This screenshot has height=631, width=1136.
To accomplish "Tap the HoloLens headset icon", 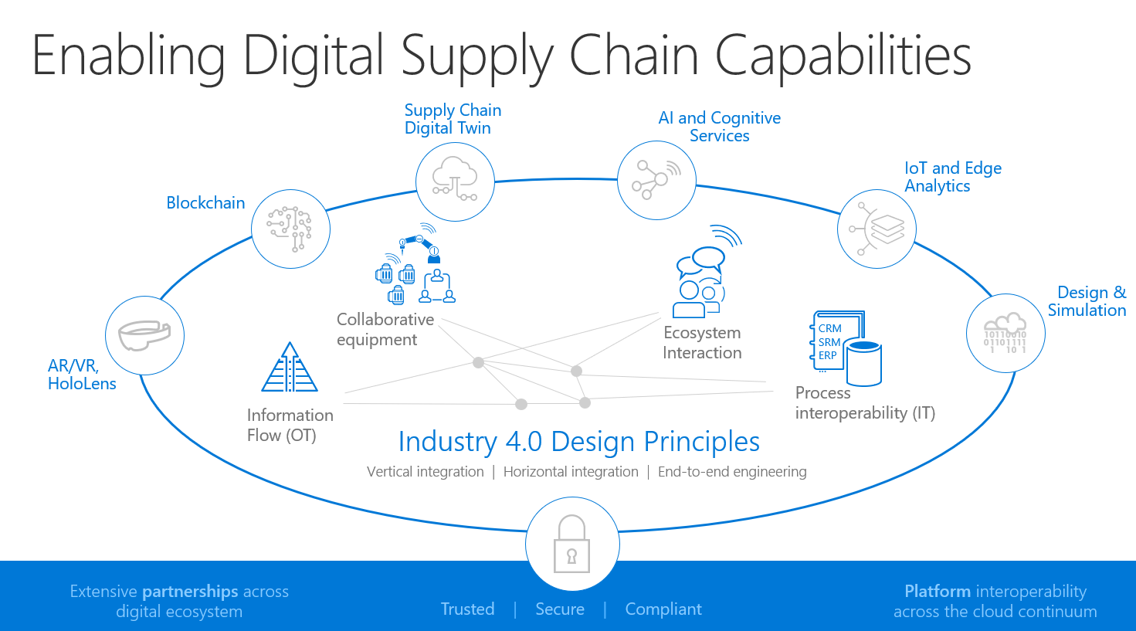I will [144, 335].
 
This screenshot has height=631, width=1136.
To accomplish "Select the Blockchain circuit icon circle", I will [290, 229].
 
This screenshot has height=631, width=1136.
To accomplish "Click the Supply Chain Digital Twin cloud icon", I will [455, 182].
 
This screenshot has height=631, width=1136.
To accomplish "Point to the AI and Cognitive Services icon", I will [656, 180].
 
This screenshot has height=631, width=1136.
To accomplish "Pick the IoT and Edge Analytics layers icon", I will [877, 229].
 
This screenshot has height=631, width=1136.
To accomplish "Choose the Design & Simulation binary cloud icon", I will [1005, 333].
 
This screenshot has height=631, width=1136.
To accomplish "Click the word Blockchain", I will [205, 203].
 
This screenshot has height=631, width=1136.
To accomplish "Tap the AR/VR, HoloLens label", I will [81, 375].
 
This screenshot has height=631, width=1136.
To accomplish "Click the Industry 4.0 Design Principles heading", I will [578, 442].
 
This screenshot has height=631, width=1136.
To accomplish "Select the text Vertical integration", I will [425, 472].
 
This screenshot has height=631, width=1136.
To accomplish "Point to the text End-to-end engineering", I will [732, 472].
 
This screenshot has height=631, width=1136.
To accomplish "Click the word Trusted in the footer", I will [467, 609].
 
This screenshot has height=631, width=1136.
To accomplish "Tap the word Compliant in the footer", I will [663, 609].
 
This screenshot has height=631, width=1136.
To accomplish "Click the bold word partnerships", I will [190, 592].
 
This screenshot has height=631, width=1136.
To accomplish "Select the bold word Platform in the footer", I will [938, 592].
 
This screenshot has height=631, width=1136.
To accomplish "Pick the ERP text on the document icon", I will [828, 356].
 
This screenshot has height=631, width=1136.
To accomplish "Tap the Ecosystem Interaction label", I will [702, 343].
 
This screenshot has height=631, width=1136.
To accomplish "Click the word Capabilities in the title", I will [843, 56].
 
